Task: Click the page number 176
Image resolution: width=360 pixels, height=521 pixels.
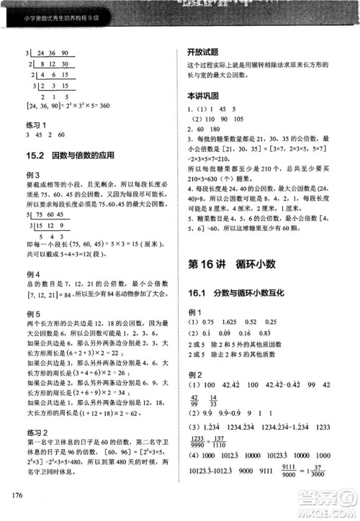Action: coord(15,493)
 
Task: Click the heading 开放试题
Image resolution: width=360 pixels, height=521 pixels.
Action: coord(202,52)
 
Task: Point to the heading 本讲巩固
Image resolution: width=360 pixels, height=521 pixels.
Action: coord(202,95)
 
